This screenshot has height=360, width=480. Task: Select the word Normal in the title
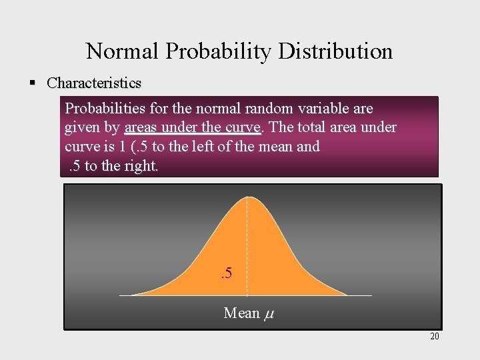[121, 51]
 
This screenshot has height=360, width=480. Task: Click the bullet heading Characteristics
[94, 83]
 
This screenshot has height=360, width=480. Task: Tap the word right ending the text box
[138, 166]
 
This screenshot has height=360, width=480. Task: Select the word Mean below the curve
[241, 312]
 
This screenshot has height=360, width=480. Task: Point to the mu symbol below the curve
[269, 313]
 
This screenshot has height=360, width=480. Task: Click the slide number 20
[435, 336]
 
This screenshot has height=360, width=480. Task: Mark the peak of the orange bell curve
[247, 197]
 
